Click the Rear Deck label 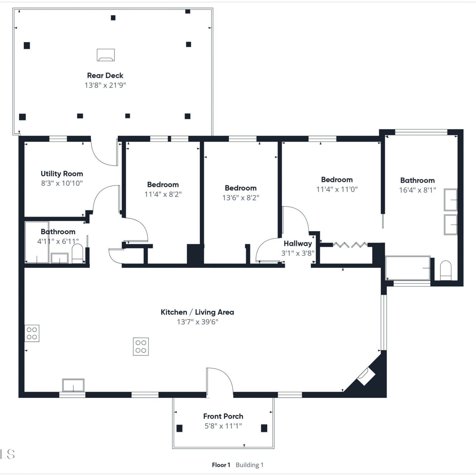coord(105,76)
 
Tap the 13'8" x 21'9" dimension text coord(105,85)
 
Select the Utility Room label coord(62,174)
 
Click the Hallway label coord(298,244)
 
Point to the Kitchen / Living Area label coord(197,312)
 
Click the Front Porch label coord(223,416)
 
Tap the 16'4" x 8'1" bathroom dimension coord(418,190)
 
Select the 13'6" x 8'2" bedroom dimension coord(241,198)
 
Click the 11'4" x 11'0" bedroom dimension coord(337,189)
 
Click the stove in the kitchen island coord(141,346)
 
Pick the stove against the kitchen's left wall coord(32,333)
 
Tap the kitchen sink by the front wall coord(73,385)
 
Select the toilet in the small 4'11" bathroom coord(77,254)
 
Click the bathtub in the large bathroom coord(408,268)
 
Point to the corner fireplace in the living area coord(366,377)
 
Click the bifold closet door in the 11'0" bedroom coord(350,245)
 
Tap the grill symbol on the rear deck coord(106,55)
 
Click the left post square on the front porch coord(180,428)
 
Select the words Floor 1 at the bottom coord(221,465)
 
